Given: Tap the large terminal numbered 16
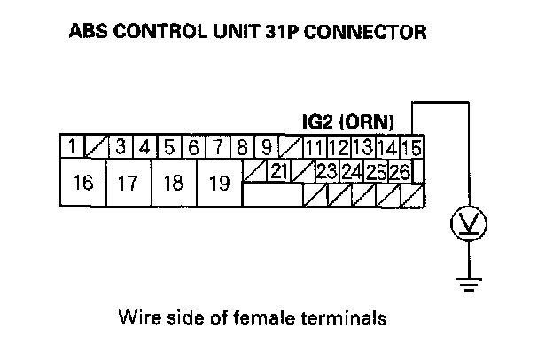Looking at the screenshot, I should (x=82, y=184).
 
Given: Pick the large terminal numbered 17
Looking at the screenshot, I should (x=128, y=184).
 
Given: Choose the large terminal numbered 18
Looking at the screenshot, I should (x=174, y=184).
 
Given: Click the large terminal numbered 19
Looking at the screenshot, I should (x=219, y=184).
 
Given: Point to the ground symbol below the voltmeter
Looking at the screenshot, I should (x=467, y=283).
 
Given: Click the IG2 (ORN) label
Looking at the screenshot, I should (x=348, y=121).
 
